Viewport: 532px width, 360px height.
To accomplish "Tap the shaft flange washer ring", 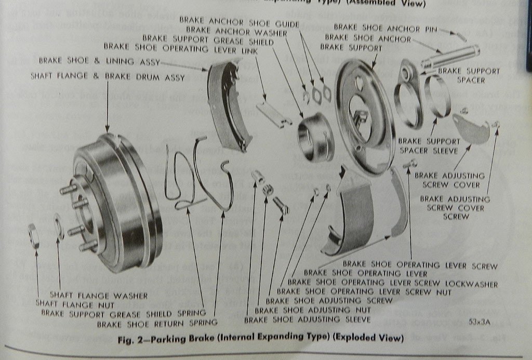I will (x=59, y=228).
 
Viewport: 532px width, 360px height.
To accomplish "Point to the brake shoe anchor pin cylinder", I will (x=450, y=57).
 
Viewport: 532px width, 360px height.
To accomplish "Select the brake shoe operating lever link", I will (x=273, y=114).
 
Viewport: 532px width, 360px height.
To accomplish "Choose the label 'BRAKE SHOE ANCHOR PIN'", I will (x=385, y=27).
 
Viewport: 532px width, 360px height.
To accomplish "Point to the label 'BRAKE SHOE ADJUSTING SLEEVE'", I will (x=307, y=319).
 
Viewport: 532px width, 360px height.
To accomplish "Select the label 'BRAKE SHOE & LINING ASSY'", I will (x=99, y=61).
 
